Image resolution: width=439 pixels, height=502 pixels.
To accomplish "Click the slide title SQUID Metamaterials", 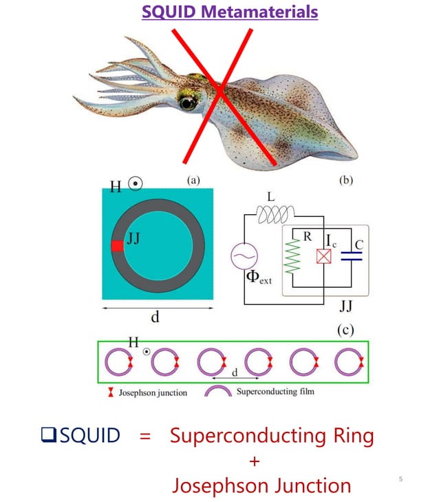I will pyautogui.click(x=230, y=12).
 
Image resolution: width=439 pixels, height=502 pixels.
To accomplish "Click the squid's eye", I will pyautogui.click(x=186, y=103).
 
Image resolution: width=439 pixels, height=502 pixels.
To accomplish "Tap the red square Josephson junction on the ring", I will pyautogui.click(x=118, y=246).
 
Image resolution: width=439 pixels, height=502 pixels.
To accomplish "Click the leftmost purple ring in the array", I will pyautogui.click(x=117, y=362).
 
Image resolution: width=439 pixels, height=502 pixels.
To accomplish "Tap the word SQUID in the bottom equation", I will pyautogui.click(x=89, y=435).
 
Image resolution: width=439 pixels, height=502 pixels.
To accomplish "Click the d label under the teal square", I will pyautogui.click(x=156, y=317).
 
